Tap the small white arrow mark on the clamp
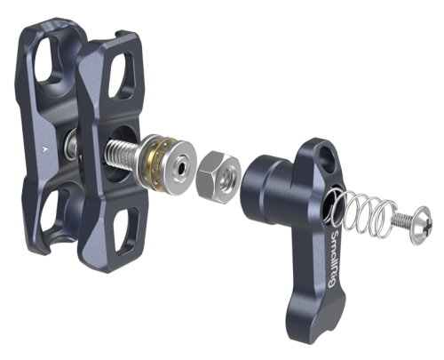44,149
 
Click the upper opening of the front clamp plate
122,76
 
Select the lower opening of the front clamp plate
126,229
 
